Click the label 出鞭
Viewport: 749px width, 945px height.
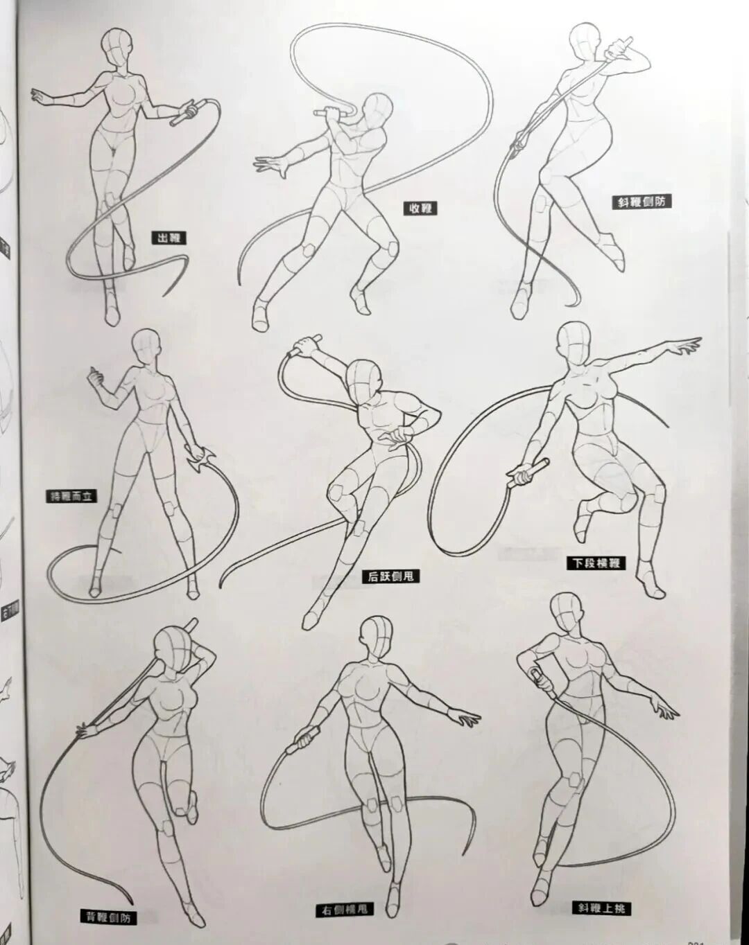click(169, 238)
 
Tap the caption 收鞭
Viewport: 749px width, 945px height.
click(420, 207)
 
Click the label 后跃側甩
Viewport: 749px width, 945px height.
click(392, 576)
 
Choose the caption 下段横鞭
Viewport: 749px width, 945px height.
click(597, 563)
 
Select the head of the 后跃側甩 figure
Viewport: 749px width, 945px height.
click(365, 381)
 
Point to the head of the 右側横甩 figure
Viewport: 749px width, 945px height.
click(377, 637)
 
